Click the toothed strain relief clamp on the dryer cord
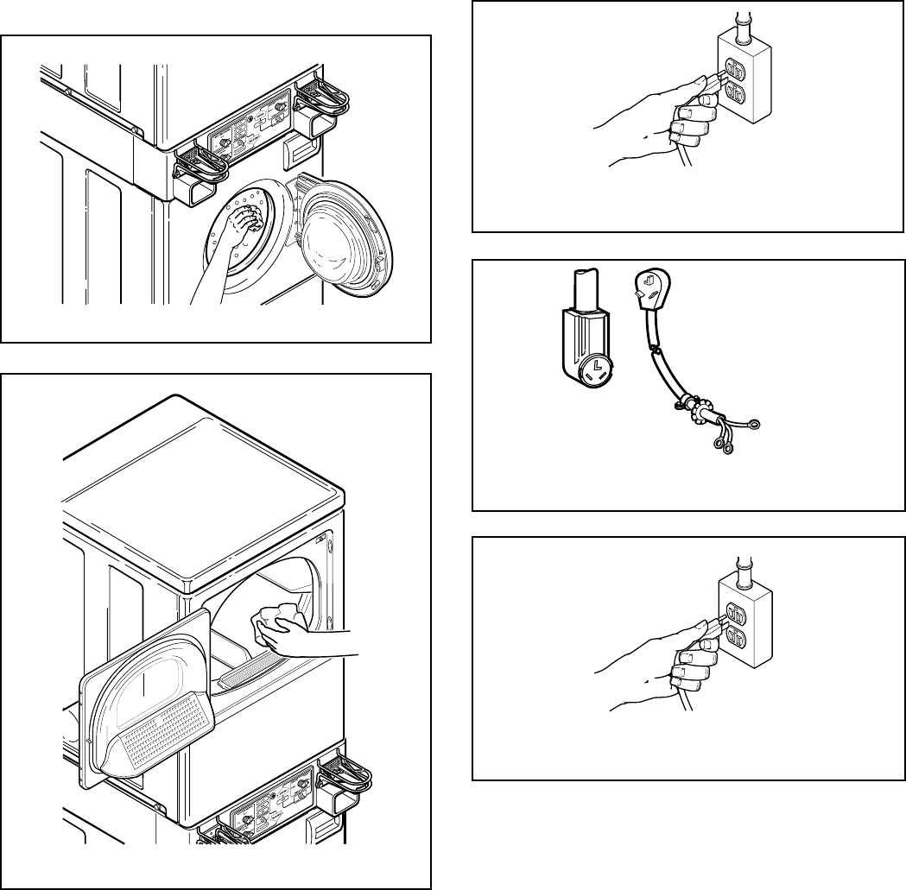[x=694, y=402]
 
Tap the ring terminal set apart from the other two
[x=756, y=423]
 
